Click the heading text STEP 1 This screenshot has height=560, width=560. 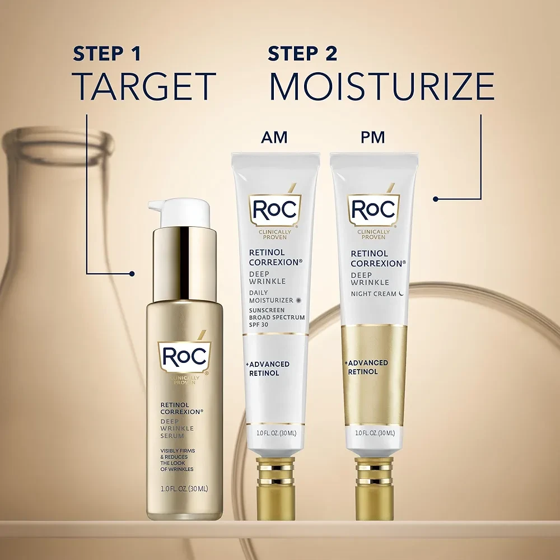pos(106,54)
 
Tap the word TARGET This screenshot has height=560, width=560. pos(144,86)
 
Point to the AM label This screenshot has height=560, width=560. pos(274,137)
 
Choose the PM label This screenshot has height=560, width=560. pos(373,137)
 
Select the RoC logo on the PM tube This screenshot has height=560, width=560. pos(374,210)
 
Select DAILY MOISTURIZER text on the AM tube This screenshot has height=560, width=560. pos(271,297)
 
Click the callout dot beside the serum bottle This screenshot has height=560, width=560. pos(132,274)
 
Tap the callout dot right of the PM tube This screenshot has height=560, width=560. pos(436,198)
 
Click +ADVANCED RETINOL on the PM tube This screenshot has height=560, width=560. pos(367,367)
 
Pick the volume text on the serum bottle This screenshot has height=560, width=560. pos(183,488)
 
